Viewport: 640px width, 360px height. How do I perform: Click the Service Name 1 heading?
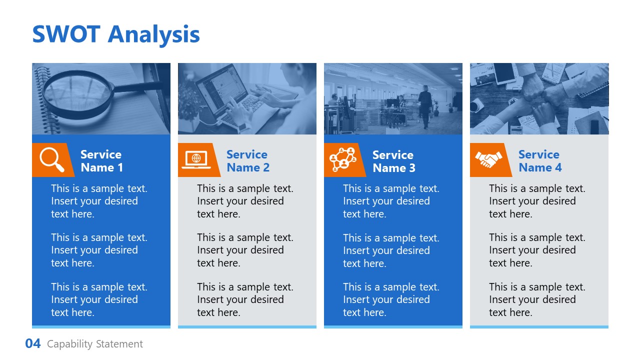coord(101,161)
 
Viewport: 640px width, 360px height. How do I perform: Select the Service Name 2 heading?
coord(247,161)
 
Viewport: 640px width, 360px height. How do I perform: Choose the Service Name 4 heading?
coord(539,161)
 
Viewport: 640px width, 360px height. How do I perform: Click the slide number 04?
coord(33,344)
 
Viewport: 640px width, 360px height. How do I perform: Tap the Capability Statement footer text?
coord(95,344)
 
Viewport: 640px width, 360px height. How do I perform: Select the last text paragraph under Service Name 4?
coord(537,299)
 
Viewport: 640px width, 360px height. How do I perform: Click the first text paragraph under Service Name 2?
coord(245,201)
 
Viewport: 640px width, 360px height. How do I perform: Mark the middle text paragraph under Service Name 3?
coord(391,250)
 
